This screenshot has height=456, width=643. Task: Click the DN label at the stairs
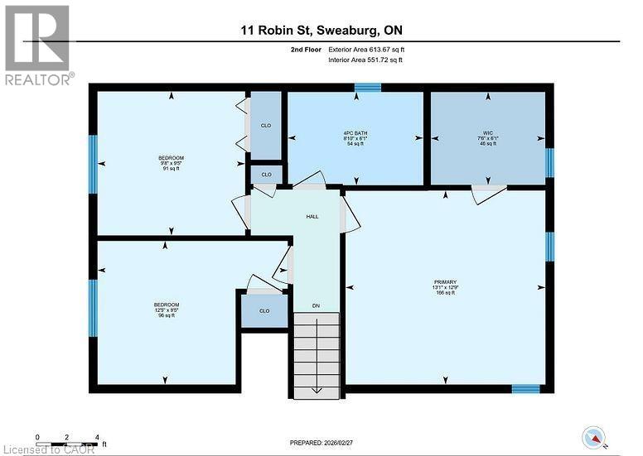point(316,306)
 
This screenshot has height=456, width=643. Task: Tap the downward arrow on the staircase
point(316,389)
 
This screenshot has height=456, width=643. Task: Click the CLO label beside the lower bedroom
point(264,311)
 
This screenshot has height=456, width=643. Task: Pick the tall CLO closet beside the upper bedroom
point(265,126)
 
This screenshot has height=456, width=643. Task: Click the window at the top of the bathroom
point(367,86)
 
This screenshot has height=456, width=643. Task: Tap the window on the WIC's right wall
point(549,162)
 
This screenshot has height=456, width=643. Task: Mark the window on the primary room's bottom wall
point(525,387)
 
